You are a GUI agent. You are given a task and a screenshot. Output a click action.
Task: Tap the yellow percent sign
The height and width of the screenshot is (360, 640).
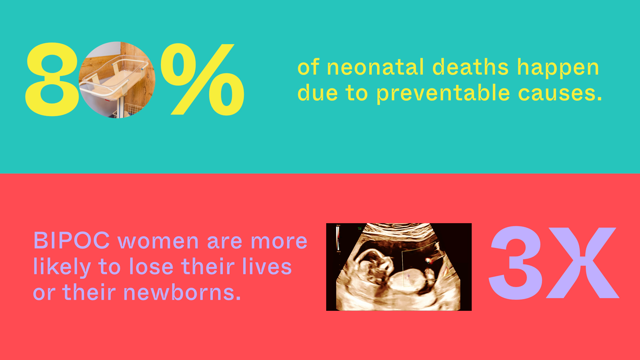pyautogui.click(x=203, y=79)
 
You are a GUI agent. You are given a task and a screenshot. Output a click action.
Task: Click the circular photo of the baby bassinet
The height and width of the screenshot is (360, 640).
pyautogui.click(x=117, y=80)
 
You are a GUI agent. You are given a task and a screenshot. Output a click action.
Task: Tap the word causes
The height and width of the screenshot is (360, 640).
pyautogui.click(x=560, y=94)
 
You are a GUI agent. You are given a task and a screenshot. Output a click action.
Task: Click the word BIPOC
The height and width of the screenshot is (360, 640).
pyautogui.click(x=72, y=241)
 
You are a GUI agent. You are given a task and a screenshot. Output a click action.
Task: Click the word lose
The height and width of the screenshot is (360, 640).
pyautogui.click(x=151, y=267)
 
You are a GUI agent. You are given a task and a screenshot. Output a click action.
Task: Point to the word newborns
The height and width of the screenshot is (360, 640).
pyautogui.click(x=182, y=292)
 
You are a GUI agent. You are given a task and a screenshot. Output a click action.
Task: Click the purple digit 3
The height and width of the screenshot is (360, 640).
pyautogui.click(x=516, y=263)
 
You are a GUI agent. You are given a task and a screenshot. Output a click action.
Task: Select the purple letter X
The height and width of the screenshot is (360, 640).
pyautogui.click(x=582, y=263)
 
